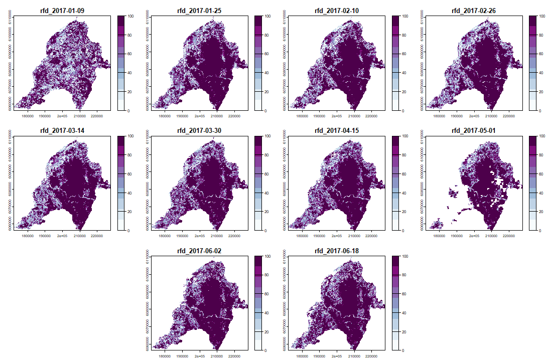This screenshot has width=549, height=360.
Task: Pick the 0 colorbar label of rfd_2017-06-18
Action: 405,350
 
